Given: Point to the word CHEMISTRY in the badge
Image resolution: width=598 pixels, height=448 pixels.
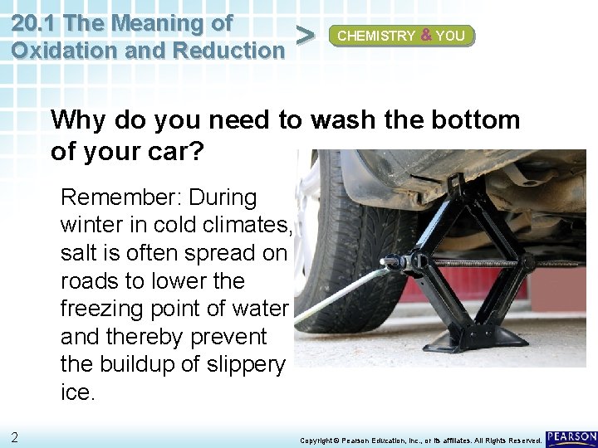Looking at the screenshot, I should (x=376, y=36).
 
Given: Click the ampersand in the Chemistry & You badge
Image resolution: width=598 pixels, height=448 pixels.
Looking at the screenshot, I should (x=425, y=36).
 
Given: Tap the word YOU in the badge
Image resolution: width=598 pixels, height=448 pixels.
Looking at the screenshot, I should (x=450, y=36).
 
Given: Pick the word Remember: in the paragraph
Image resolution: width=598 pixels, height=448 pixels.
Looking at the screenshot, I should (x=120, y=197).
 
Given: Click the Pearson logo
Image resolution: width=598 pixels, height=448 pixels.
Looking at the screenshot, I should (x=571, y=437).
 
